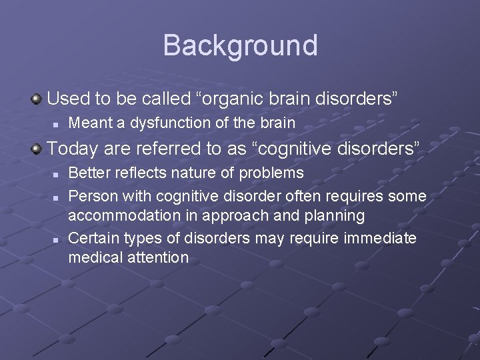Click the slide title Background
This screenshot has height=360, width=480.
[x=240, y=45]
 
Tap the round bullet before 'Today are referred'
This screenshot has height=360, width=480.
[x=37, y=147]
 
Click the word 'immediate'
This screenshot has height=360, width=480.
[x=380, y=238]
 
